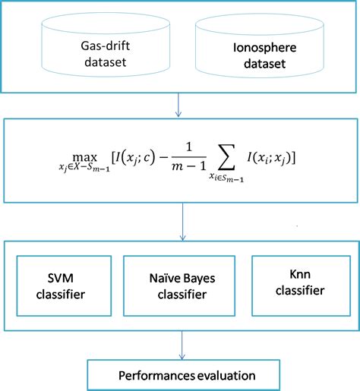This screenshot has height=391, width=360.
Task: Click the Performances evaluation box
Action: tap(179, 375)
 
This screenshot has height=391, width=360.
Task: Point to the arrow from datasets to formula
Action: tap(178, 105)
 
